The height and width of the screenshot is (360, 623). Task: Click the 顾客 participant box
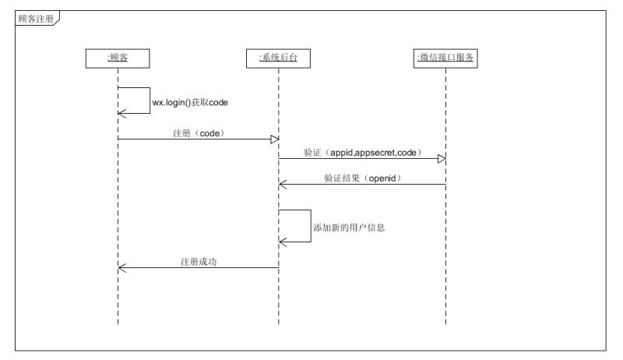(x=118, y=58)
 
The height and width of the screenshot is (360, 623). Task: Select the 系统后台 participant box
(x=278, y=58)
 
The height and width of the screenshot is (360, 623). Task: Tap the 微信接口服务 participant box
(x=445, y=58)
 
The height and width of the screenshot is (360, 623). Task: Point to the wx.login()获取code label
(x=189, y=102)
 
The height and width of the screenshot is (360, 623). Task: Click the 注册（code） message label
(x=198, y=132)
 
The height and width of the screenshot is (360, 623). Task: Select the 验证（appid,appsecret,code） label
(x=362, y=153)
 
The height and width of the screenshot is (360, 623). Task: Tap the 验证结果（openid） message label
(x=362, y=178)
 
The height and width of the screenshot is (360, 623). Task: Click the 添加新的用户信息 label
(x=350, y=229)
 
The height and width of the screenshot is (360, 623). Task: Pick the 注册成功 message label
(x=198, y=262)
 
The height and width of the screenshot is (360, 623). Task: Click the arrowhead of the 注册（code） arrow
(x=274, y=139)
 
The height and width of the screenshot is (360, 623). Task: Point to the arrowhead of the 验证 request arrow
(x=442, y=160)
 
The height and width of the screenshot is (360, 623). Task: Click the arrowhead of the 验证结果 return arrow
(x=283, y=185)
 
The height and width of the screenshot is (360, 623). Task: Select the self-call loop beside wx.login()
(x=149, y=101)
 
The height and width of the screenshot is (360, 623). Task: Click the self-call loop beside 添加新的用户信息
(x=310, y=226)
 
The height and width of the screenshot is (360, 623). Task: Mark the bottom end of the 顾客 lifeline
(x=118, y=323)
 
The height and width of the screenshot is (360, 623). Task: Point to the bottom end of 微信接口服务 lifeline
(x=445, y=323)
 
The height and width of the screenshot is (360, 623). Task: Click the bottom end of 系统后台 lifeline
(x=278, y=323)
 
